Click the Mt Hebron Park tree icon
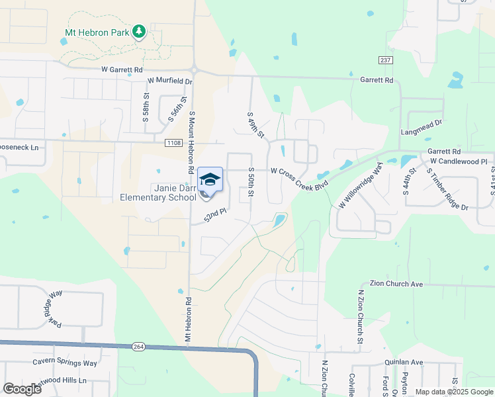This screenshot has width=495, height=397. click(x=138, y=31)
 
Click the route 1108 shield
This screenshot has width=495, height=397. click(x=173, y=142)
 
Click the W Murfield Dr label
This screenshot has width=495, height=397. click(x=169, y=81)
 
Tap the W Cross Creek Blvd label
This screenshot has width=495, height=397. click(x=299, y=170)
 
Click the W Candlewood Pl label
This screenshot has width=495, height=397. click(x=458, y=161)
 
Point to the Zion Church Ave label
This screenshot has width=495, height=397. click(x=396, y=284)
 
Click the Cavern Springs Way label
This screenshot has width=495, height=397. click(x=65, y=363)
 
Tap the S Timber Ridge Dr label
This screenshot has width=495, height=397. click(x=447, y=189)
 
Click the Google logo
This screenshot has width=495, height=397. click(x=22, y=389)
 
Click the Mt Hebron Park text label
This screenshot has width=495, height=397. click(x=97, y=32)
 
